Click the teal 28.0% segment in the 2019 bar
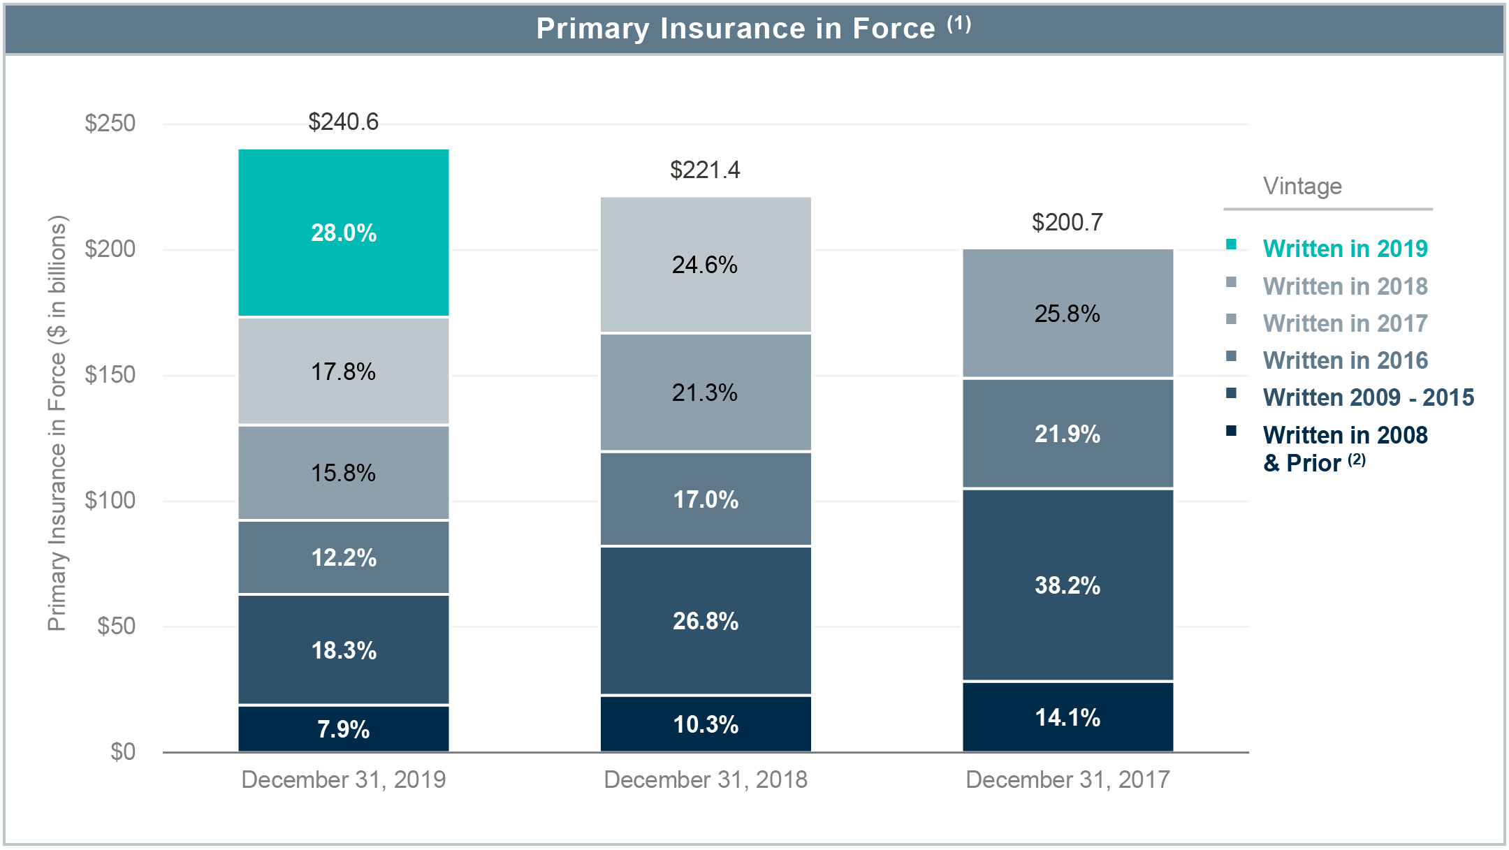[x=343, y=233]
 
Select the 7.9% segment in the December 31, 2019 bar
[x=343, y=728]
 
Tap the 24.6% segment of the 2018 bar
[x=705, y=265]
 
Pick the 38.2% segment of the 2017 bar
[x=1067, y=585]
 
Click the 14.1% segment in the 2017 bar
[x=1067, y=717]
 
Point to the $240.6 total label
[x=343, y=122]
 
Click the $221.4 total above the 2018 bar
[x=705, y=170]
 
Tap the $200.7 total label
[x=1067, y=222]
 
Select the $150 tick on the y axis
[x=110, y=374]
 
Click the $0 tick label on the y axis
[x=122, y=752]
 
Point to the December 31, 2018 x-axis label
[x=705, y=779]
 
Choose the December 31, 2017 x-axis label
[x=1067, y=779]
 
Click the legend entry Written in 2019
[x=1345, y=249]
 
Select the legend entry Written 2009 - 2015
[x=1368, y=397]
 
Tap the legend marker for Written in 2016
[x=1231, y=356]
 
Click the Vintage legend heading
[x=1302, y=186]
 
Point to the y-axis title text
[x=57, y=423]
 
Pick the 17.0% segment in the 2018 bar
[x=705, y=499]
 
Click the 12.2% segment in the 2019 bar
[x=343, y=557]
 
